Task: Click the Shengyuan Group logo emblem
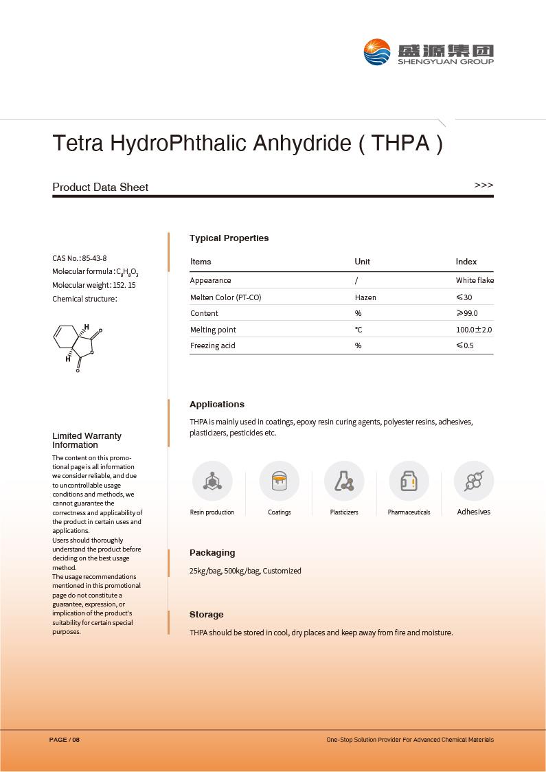(377, 52)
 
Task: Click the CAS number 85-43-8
(94, 258)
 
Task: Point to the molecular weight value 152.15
(120, 285)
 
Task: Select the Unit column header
(362, 262)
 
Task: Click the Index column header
(466, 262)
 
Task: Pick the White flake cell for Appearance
(475, 280)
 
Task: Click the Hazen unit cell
(365, 297)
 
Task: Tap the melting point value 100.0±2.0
(474, 330)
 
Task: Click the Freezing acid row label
(212, 345)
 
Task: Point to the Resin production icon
(212, 481)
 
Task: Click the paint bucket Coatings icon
(279, 481)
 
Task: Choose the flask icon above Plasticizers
(344, 481)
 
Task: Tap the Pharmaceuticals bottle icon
(409, 481)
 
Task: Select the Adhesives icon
(474, 481)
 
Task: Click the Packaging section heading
(212, 553)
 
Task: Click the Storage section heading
(206, 615)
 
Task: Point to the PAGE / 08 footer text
(65, 740)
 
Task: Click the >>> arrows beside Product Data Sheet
(484, 185)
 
